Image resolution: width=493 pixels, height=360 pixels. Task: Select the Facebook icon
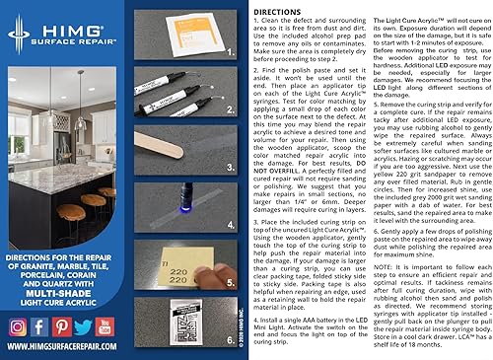pyautogui.click(x=40, y=326)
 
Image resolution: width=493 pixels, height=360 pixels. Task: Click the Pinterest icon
pyautogui.click(x=62, y=326)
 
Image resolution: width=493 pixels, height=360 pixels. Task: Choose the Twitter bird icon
pyautogui.click(x=84, y=326)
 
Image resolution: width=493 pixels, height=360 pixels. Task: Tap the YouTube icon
pyautogui.click(x=106, y=326)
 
